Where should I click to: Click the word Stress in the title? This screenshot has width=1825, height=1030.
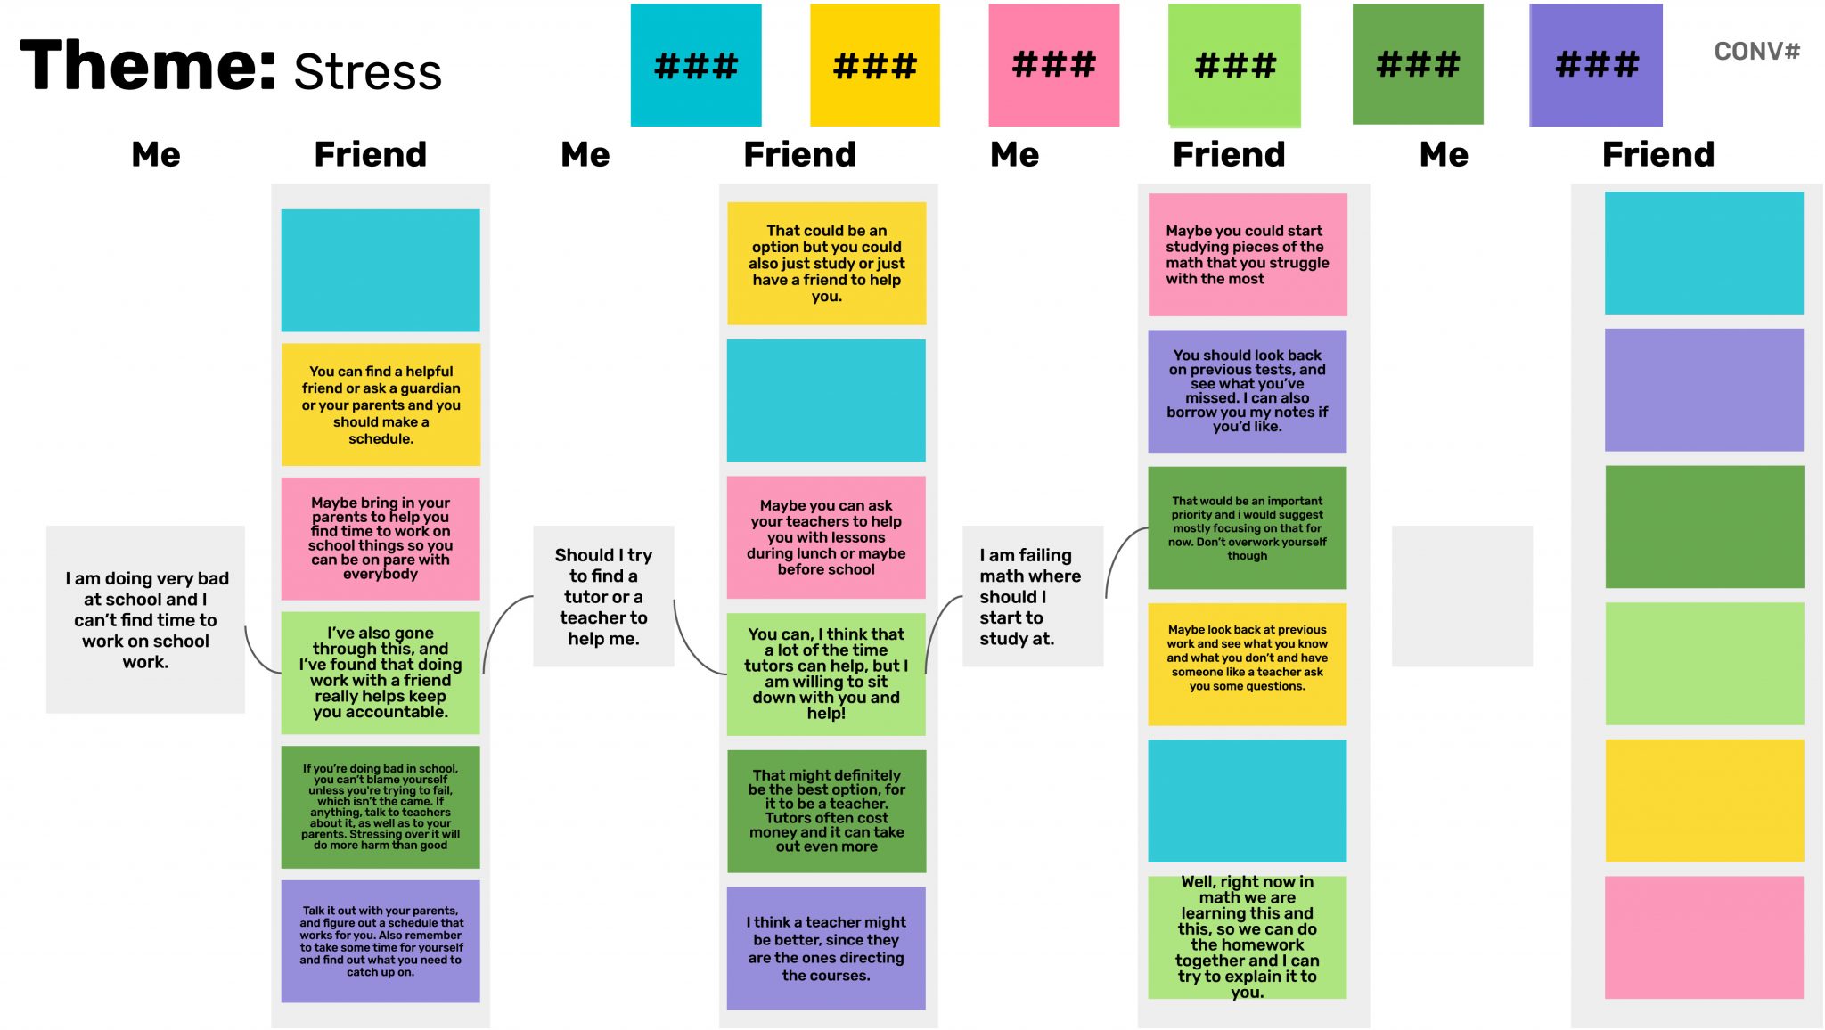pos(367,72)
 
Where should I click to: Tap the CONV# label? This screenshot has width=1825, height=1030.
pos(1756,52)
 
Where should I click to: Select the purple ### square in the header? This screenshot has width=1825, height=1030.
pos(1595,64)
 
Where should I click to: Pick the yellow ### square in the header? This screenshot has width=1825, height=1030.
pos(874,65)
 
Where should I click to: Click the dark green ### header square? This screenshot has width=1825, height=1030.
pos(1417,64)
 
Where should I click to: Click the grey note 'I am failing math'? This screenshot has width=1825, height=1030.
pos(1032,596)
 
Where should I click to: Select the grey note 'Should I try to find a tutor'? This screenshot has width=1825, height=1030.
pos(603,596)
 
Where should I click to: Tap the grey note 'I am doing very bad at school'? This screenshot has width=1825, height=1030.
pos(145,619)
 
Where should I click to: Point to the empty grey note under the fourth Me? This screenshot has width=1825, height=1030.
pos(1461,596)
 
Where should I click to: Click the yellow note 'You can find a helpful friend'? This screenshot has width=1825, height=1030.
pos(381,405)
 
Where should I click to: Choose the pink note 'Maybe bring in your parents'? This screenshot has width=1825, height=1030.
pos(381,538)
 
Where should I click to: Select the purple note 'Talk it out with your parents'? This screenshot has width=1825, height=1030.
pos(381,941)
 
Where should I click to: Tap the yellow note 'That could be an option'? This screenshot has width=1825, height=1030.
pos(826,263)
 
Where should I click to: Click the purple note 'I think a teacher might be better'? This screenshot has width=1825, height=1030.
pos(826,948)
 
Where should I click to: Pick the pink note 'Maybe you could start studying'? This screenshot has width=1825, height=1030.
pos(1247,255)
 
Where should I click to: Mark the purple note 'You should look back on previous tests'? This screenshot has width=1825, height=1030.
pos(1247,391)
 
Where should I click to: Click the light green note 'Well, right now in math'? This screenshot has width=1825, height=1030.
pos(1247,937)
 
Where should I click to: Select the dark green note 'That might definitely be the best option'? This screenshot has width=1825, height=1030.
pos(826,811)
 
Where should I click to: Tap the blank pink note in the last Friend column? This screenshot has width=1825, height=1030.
pos(1704,937)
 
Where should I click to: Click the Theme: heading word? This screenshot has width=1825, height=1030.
pos(148,66)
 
